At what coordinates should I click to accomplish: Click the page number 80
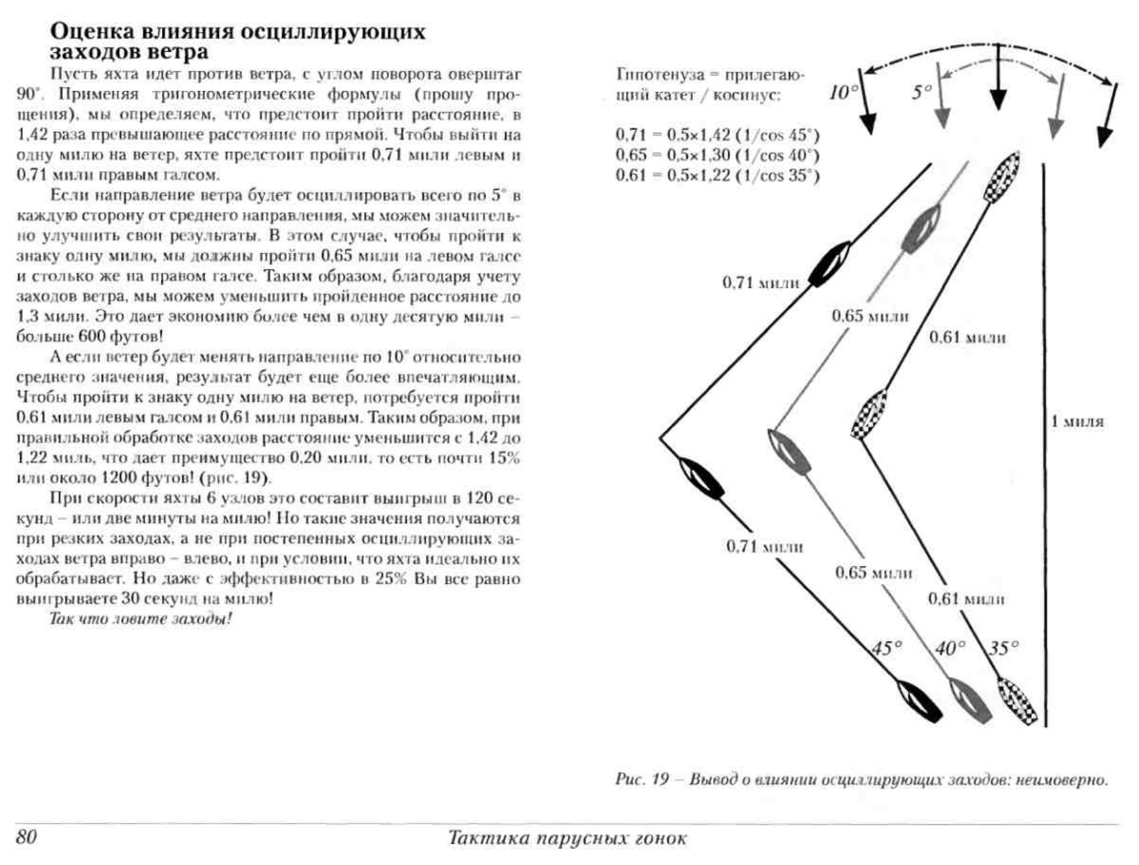[x=26, y=837]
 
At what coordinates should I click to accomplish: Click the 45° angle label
[x=887, y=648]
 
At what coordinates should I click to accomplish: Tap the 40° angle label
[x=950, y=648]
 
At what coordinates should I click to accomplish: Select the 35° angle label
[x=1003, y=648]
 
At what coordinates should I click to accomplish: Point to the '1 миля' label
[x=1077, y=421]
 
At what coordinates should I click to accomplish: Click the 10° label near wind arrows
[x=842, y=92]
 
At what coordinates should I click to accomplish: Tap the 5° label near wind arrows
[x=921, y=92]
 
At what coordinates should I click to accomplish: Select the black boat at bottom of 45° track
[x=919, y=702]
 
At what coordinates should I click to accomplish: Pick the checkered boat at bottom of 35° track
[x=1017, y=701]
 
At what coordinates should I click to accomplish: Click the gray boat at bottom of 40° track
[x=968, y=701]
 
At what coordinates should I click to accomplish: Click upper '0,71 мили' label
[x=761, y=282]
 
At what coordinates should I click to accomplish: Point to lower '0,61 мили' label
[x=966, y=599]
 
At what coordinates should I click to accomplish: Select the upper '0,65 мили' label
[x=870, y=316]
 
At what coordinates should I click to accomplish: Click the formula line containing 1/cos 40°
[x=717, y=155]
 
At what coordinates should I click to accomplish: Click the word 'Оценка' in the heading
[x=91, y=31]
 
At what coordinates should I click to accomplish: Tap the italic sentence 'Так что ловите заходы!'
[x=141, y=619]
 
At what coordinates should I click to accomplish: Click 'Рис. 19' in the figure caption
[x=642, y=779]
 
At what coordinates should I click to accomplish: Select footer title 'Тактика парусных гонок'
[x=567, y=838]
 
